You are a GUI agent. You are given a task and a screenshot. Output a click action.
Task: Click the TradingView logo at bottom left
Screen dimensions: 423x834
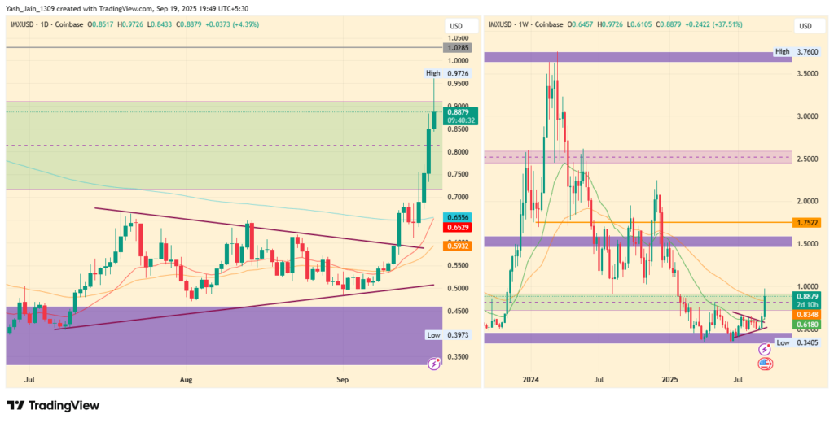point(53,405)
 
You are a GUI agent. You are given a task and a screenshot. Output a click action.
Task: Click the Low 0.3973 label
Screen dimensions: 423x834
point(447,335)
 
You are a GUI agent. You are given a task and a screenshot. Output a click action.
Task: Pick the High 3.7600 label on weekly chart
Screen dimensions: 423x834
point(796,52)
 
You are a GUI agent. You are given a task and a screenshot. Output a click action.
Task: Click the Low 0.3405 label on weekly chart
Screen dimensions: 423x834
point(796,343)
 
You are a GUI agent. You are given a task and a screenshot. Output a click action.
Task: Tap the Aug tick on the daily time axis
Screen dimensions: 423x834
point(187,379)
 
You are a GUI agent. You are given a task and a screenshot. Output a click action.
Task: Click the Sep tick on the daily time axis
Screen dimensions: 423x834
point(342,379)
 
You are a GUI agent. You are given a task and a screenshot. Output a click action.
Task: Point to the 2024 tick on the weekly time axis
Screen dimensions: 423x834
point(531,379)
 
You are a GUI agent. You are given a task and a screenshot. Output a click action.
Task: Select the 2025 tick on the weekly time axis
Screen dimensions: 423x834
point(669,379)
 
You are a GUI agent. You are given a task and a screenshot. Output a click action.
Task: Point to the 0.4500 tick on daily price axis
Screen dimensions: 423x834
point(457,311)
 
